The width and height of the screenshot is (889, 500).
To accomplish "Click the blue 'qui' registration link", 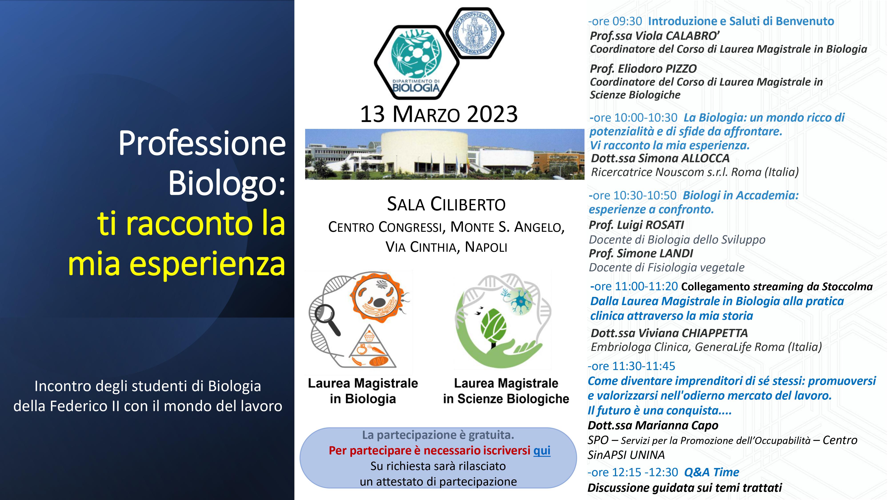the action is pos(542,451).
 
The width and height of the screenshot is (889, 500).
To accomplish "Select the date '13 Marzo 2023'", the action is pos(439,114).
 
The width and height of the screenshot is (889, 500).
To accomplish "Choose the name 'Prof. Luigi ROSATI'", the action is pos(636,225).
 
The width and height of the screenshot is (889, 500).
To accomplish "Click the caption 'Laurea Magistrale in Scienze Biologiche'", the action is pos(506,391).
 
